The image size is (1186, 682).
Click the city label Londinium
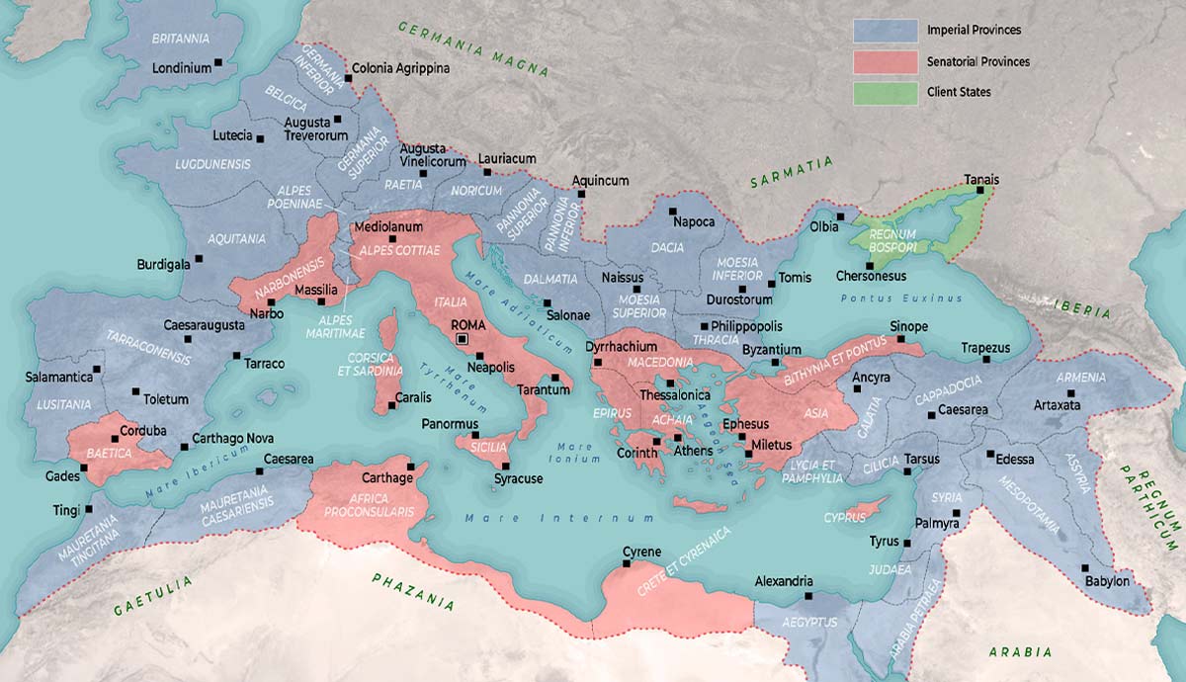pyautogui.click(x=182, y=68)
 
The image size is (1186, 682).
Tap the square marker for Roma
pyautogui.click(x=462, y=339)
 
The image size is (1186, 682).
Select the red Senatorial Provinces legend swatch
pyautogui.click(x=884, y=61)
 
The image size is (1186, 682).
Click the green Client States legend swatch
pyautogui.click(x=884, y=92)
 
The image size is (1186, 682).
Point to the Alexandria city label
pyautogui.click(x=784, y=581)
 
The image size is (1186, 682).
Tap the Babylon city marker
pyautogui.click(x=1084, y=567)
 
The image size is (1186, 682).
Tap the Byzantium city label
pyautogui.click(x=771, y=350)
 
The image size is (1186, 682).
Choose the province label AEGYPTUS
pyautogui.click(x=808, y=622)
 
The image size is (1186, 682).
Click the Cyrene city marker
pyautogui.click(x=626, y=564)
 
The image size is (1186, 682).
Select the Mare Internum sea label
pyautogui.click(x=559, y=518)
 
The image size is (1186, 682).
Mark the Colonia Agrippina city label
pyautogui.click(x=400, y=68)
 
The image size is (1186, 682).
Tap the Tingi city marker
pyautogui.click(x=89, y=510)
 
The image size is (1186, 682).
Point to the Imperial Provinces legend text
pyautogui.click(x=974, y=30)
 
